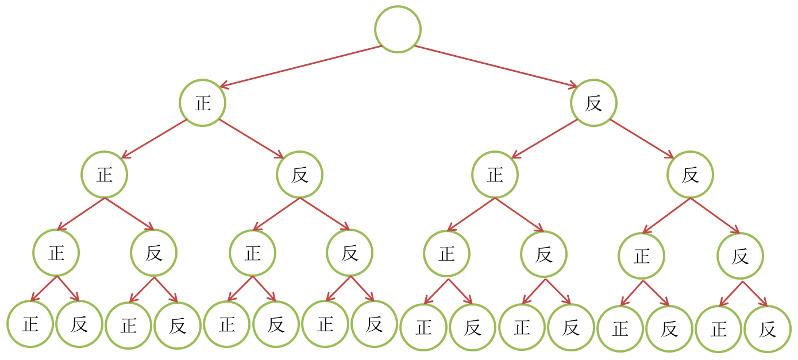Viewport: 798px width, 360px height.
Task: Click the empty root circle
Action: pos(398,29)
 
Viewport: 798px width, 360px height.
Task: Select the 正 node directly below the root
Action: pos(202,103)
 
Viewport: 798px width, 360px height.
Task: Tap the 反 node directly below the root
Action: pos(593,103)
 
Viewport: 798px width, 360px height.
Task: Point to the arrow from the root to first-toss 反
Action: pos(495,66)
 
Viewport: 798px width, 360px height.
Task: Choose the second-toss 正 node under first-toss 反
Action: pos(495,175)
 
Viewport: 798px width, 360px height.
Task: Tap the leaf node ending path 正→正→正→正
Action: pos(30,325)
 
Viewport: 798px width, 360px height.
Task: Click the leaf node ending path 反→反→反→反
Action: pos(767,329)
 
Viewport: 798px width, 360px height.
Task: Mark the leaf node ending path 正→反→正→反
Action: pos(276,325)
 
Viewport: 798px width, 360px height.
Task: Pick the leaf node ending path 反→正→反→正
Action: pos(522,328)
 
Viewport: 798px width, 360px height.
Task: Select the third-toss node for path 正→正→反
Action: pos(153,253)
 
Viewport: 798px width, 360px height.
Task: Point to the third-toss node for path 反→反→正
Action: pos(641,256)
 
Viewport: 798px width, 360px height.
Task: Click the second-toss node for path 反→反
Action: pos(690,175)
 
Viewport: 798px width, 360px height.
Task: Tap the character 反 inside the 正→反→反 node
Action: pos(349,253)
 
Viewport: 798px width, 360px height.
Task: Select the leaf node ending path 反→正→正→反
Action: pos(472,328)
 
